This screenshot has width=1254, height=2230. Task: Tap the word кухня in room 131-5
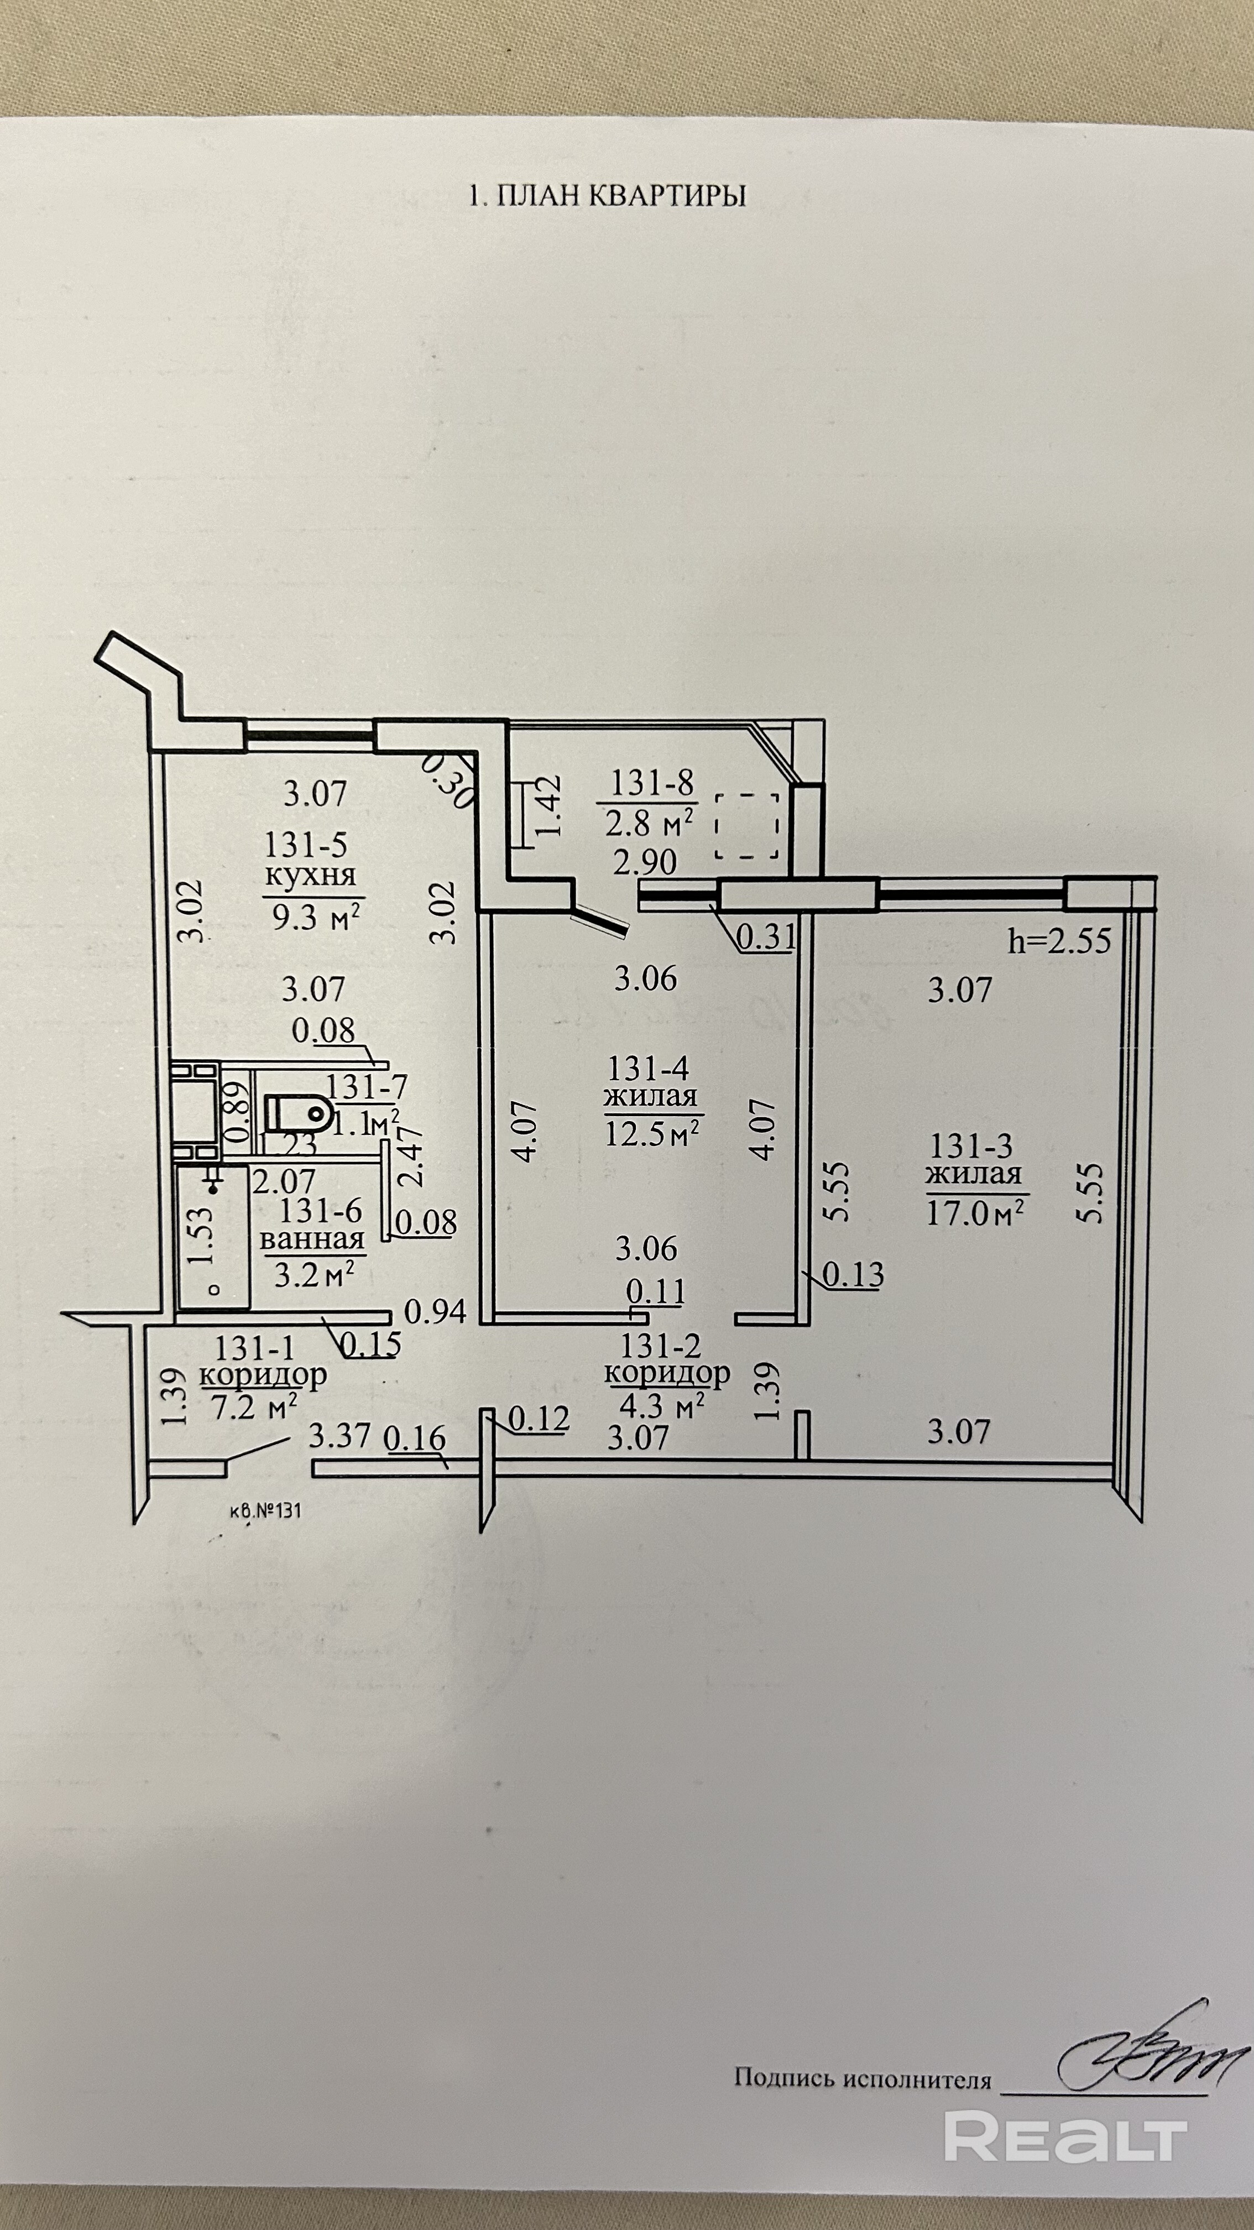pyautogui.click(x=310, y=874)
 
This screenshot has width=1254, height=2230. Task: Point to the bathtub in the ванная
pyautogui.click(x=213, y=1237)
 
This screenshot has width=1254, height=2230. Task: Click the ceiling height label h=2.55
pyautogui.click(x=1059, y=941)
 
